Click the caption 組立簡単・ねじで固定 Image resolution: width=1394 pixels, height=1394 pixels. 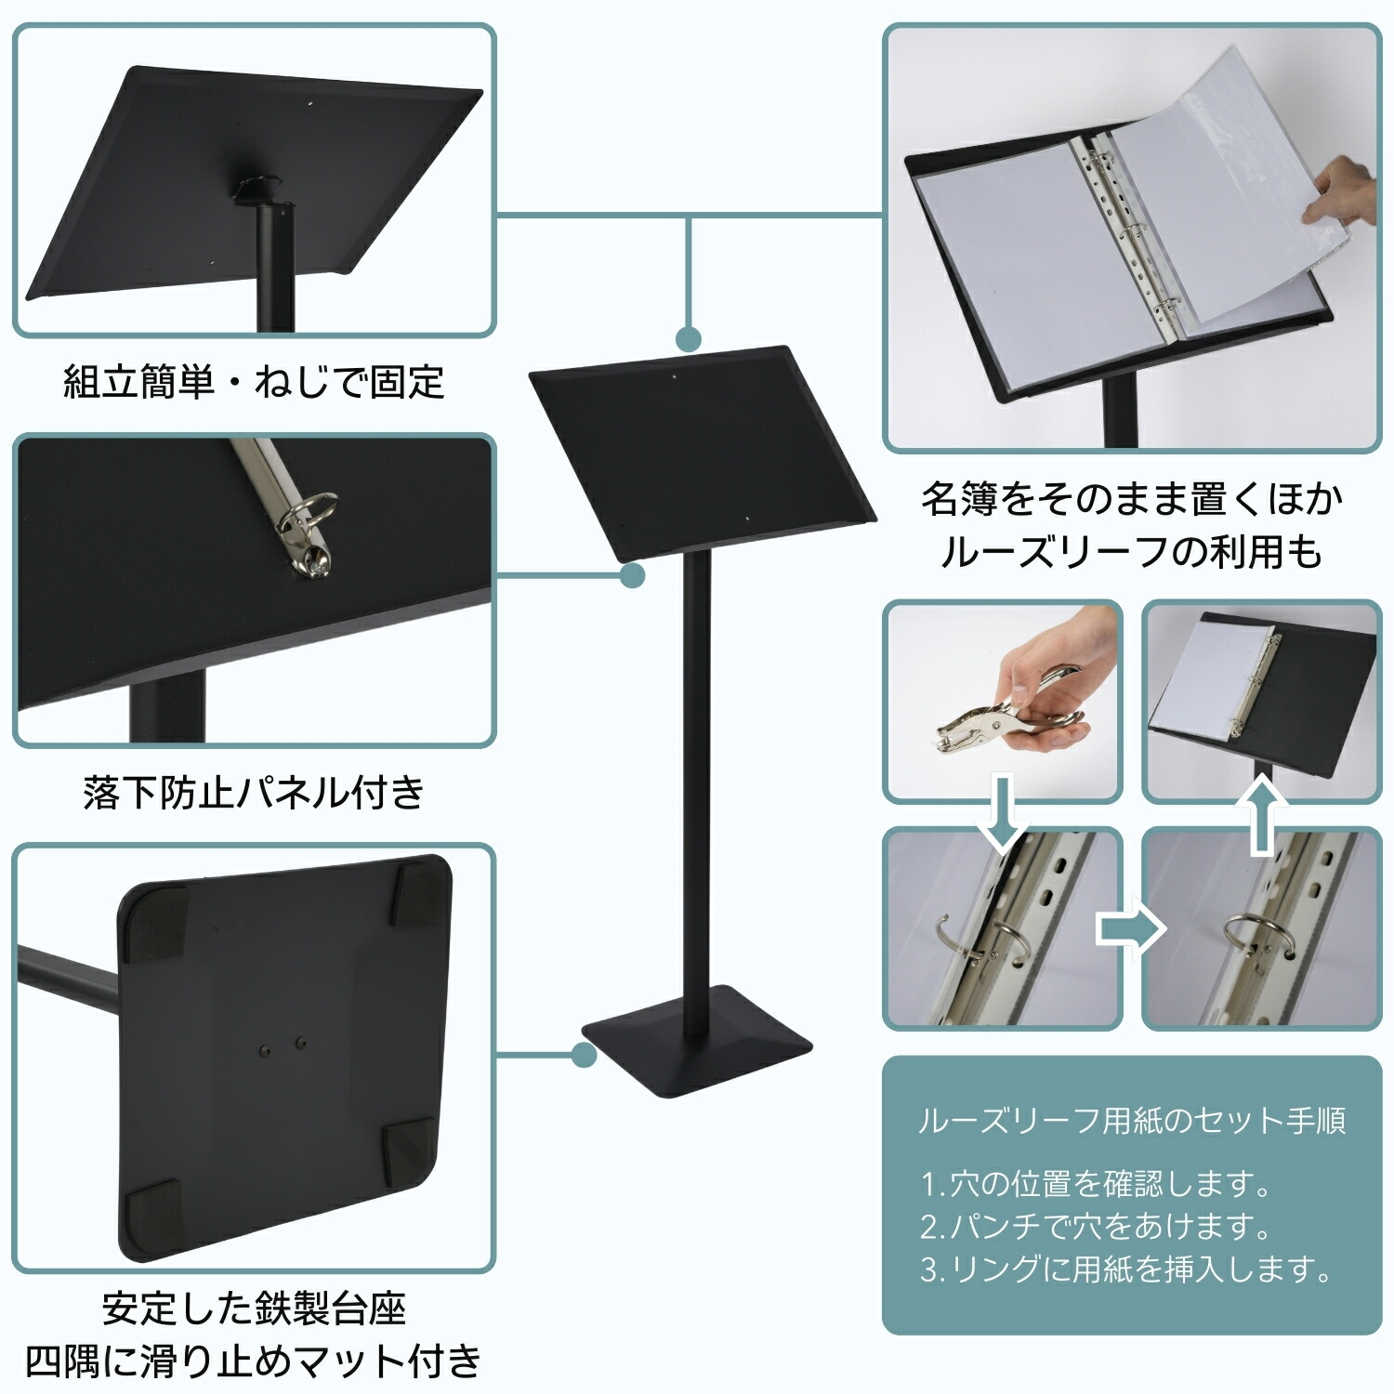pyautogui.click(x=254, y=382)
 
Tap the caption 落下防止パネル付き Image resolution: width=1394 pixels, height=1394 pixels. pyautogui.click(x=254, y=793)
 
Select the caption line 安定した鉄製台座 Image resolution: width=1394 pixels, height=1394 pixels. pyautogui.click(x=254, y=1309)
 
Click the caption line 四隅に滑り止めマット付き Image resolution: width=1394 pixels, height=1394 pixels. pyautogui.click(x=254, y=1361)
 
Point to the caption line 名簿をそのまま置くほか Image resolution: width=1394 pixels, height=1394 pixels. pyautogui.click(x=1132, y=499)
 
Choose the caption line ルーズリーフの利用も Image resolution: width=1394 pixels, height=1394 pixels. pyautogui.click(x=1132, y=552)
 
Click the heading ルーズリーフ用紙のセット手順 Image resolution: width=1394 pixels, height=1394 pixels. pyautogui.click(x=1132, y=1121)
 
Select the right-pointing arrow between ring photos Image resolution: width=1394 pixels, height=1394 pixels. pyautogui.click(x=1130, y=928)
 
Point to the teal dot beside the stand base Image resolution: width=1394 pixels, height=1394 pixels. pyautogui.click(x=584, y=1055)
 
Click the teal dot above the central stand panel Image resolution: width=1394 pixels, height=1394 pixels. pyautogui.click(x=688, y=338)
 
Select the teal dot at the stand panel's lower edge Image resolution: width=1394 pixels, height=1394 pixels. pyautogui.click(x=633, y=575)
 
